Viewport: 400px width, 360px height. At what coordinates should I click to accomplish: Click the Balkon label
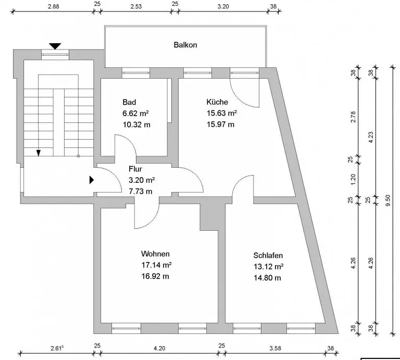[x=185, y=45]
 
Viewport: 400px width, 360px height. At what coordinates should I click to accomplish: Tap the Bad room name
[x=129, y=102]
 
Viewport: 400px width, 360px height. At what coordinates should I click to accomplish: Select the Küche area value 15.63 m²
[x=222, y=113]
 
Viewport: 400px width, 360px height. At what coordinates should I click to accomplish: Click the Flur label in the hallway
[x=135, y=169]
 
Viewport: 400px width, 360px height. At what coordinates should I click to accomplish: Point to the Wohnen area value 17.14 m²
[x=156, y=265]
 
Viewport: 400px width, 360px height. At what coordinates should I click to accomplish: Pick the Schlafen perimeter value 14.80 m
[x=267, y=278]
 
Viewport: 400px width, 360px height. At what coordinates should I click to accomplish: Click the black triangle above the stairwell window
[x=55, y=46]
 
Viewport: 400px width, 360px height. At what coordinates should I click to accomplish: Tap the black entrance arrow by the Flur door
[x=92, y=180]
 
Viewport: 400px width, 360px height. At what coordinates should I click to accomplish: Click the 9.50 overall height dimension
[x=387, y=201]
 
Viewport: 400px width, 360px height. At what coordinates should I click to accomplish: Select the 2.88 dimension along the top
[x=54, y=6]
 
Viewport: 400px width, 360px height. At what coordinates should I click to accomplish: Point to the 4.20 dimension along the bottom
[x=159, y=348]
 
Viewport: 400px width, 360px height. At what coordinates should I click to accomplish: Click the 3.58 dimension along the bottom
[x=275, y=348]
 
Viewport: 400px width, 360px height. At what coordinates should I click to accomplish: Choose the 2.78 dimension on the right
[x=353, y=117]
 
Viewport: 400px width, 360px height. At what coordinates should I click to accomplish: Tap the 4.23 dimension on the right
[x=371, y=137]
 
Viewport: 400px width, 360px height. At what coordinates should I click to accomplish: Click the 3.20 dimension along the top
[x=223, y=6]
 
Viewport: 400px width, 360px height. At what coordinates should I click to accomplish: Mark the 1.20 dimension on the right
[x=353, y=179]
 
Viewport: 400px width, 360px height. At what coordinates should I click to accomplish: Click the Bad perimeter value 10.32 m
[x=136, y=125]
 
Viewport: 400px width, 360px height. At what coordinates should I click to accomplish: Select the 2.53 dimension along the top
[x=136, y=6]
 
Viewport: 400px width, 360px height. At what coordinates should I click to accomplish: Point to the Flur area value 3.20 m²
[x=142, y=180]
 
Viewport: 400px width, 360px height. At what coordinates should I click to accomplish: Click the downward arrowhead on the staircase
[x=39, y=153]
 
